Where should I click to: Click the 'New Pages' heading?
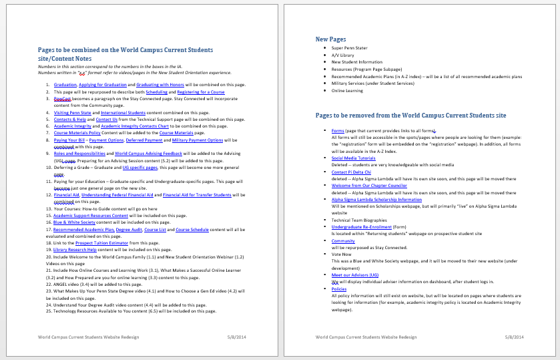coord(331,39)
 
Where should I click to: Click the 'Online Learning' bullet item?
coord(347,90)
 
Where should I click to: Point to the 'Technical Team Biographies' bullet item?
coord(358,220)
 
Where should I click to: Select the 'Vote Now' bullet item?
coord(341,254)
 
